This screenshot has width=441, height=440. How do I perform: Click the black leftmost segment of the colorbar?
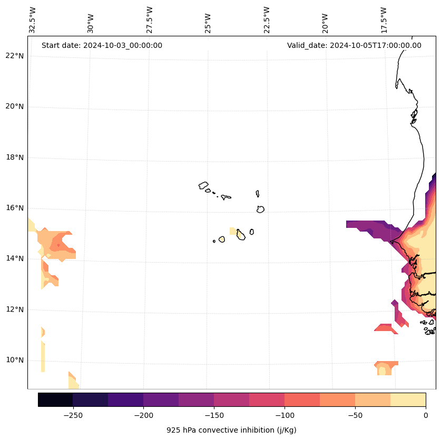pos(55,399)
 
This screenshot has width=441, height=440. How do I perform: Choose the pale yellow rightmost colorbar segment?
pos(408,399)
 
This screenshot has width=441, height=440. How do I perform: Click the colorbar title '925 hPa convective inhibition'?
pos(231,430)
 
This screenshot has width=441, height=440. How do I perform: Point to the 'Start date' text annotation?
pos(102,45)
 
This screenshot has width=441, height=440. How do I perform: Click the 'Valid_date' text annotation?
pos(354,45)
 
